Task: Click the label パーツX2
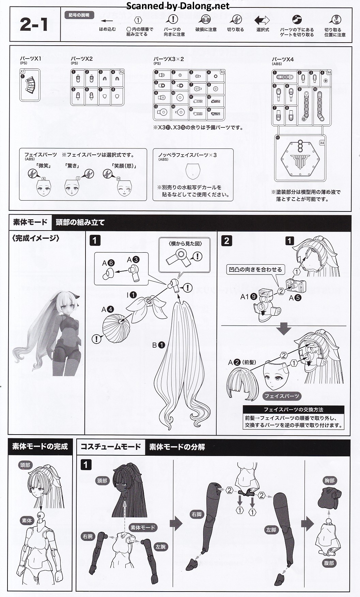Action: coord(82,59)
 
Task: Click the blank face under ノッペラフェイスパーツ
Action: coord(193,170)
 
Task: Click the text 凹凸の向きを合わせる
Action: coord(255,269)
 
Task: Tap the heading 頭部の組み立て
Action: coord(80,222)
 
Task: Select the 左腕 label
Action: coord(160,547)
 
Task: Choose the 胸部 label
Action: coord(329,481)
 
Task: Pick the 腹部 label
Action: coord(329,563)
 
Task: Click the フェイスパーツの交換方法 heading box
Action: coord(293,410)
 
